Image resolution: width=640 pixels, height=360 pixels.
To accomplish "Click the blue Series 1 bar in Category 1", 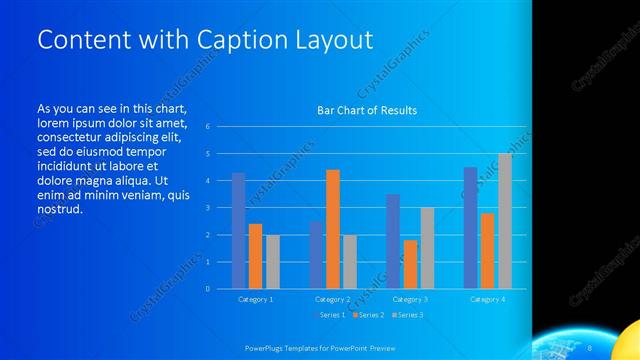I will coord(238,231).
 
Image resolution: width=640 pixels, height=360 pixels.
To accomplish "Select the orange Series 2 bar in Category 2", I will coord(333,229).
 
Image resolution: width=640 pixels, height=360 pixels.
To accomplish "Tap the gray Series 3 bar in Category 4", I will coord(505,221).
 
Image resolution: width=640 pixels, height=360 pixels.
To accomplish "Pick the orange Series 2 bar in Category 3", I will coord(410,264).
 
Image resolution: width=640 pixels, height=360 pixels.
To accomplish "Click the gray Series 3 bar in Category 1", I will coord(273,262).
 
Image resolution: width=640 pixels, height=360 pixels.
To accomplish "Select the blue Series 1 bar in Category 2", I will coord(316,255).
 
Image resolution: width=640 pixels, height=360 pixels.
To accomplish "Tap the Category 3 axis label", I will coord(411,299).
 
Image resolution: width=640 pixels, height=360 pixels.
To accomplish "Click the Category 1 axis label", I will coord(255,299).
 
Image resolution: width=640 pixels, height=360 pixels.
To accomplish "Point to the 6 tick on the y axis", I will coord(207,126).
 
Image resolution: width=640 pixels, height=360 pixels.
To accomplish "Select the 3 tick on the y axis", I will coord(207,207).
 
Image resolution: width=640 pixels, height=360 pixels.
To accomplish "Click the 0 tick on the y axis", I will coord(207,288).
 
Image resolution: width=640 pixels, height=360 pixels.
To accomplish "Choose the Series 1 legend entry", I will coord(331,315).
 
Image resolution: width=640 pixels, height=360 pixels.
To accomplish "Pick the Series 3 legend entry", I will coord(409,315).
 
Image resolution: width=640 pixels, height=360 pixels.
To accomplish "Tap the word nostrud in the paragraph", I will coord(58,209).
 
